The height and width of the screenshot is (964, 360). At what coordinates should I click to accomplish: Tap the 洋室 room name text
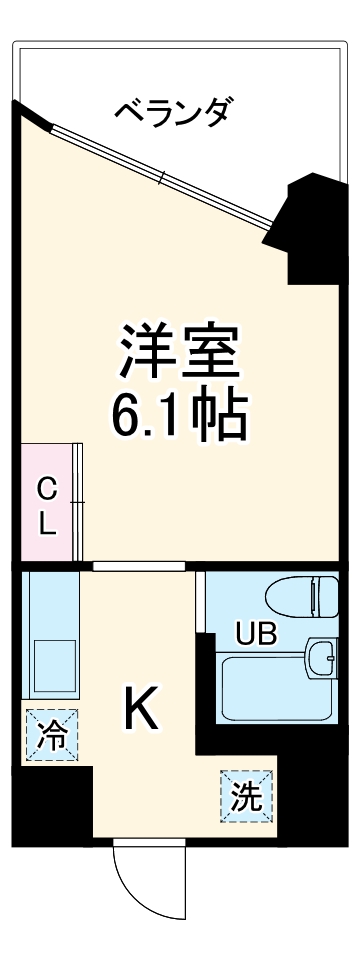coord(181,351)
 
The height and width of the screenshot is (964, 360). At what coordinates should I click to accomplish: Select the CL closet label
coord(47,506)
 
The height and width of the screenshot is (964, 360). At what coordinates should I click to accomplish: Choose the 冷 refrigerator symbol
coord(50,738)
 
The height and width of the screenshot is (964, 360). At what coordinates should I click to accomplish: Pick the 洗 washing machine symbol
coord(245,797)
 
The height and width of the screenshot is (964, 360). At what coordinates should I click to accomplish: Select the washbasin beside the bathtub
coord(322,659)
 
